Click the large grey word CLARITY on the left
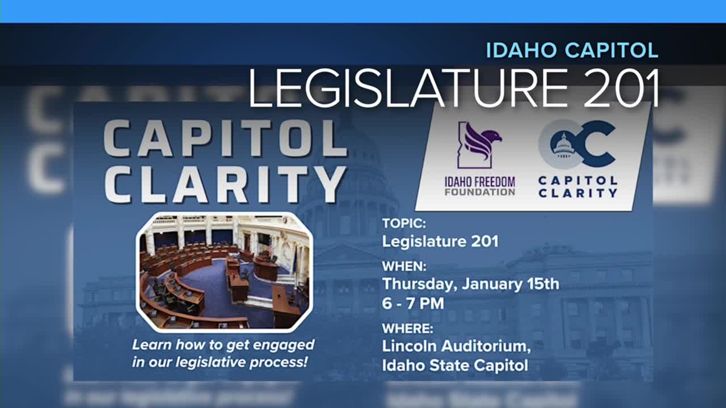(224, 184)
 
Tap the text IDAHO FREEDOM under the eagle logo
(480, 182)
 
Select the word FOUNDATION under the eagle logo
(480, 192)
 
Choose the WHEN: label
(404, 266)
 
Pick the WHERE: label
(407, 328)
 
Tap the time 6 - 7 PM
(413, 303)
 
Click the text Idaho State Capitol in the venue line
(455, 365)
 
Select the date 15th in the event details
(541, 283)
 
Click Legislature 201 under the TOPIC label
(440, 241)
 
